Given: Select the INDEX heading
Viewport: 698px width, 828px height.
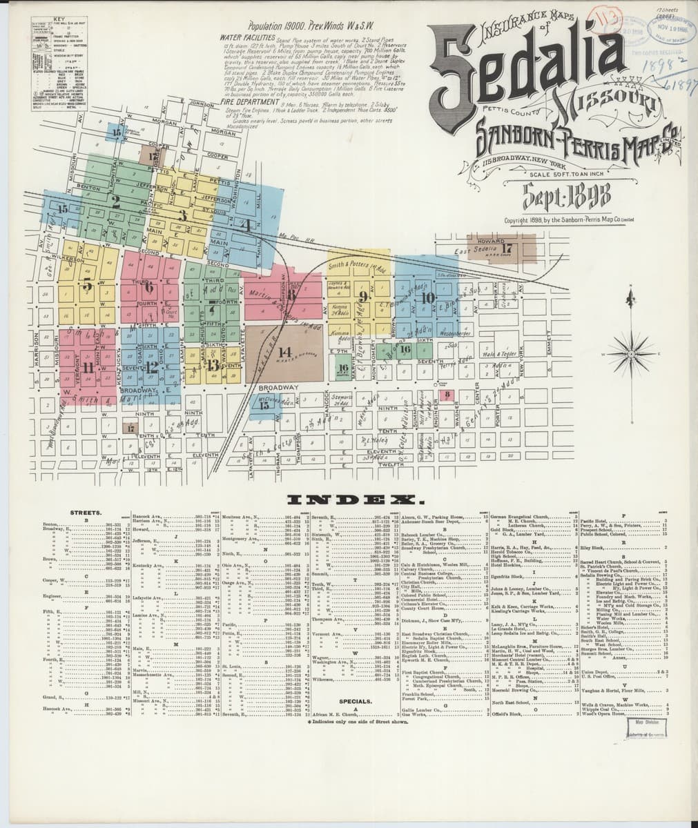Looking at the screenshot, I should pyautogui.click(x=351, y=500).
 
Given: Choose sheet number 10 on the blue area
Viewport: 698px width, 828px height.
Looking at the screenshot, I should pyautogui.click(x=428, y=298).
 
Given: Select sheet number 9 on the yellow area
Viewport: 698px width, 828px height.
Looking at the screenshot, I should pyautogui.click(x=362, y=296).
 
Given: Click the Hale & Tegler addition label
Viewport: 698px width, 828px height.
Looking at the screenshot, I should pyautogui.click(x=501, y=353).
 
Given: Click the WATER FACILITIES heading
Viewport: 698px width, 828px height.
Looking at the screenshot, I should pyautogui.click(x=246, y=37).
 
